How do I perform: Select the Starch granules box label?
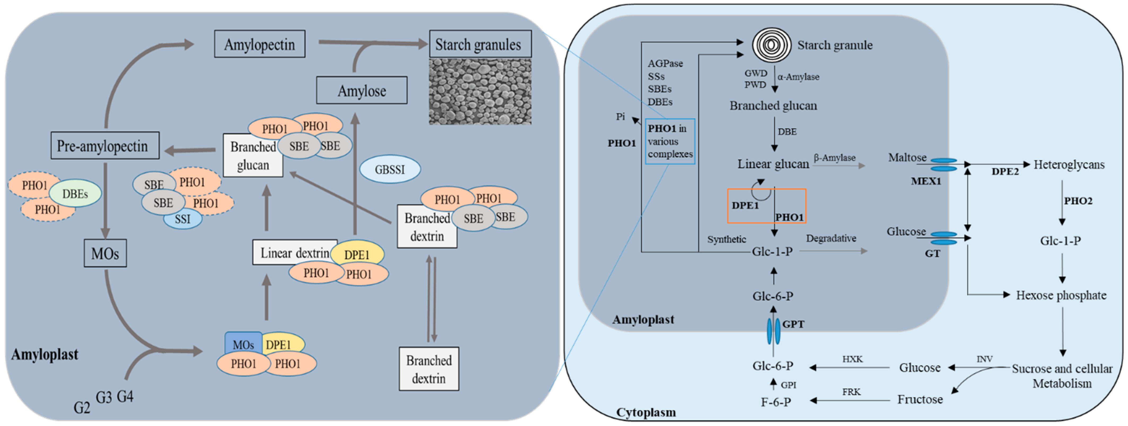tap(480, 44)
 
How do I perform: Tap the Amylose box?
tap(362, 91)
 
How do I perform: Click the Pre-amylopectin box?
tap(105, 146)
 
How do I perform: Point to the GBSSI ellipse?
tap(390, 169)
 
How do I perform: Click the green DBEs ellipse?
tap(75, 194)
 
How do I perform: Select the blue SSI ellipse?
tap(183, 219)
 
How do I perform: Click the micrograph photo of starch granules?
tap(480, 92)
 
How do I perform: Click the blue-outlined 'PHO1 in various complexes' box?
tap(670, 141)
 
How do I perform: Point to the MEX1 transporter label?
tap(926, 181)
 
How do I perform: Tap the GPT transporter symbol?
tap(773, 331)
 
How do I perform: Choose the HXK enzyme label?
tap(852, 359)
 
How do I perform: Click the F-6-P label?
tap(776, 401)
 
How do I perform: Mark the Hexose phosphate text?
tap(1061, 295)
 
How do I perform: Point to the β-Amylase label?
tap(834, 158)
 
